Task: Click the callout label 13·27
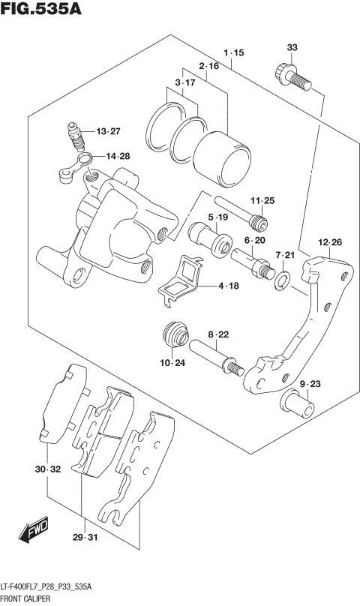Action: click(x=107, y=132)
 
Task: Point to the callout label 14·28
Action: click(x=117, y=156)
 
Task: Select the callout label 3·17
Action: click(x=185, y=82)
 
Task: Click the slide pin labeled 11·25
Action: click(x=238, y=212)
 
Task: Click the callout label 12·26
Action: click(x=329, y=242)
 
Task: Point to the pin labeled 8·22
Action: click(x=216, y=357)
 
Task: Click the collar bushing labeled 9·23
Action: click(x=298, y=404)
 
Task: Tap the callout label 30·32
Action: click(x=46, y=469)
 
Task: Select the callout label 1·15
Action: click(x=233, y=53)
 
